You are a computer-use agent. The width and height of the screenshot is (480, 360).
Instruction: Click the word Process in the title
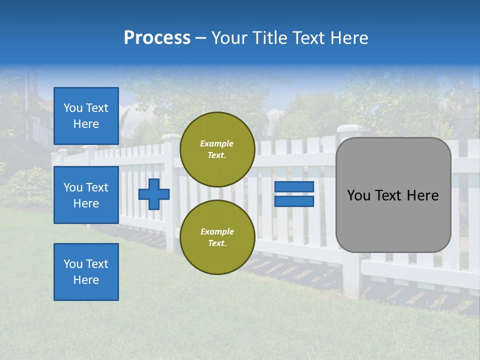(157, 38)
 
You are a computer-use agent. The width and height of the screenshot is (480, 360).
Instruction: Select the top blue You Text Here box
(86, 116)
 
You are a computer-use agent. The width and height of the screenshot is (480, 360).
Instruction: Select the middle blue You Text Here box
(86, 195)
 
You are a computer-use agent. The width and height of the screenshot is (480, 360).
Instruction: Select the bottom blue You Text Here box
(86, 272)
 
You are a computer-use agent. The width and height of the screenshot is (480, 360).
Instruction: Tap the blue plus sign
(154, 194)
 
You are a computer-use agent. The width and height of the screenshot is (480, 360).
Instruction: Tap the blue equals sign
(294, 194)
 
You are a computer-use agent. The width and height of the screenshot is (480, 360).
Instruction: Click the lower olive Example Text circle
(217, 237)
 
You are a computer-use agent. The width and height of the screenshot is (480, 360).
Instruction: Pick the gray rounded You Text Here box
(393, 195)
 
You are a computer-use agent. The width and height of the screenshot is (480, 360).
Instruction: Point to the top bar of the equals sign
(294, 186)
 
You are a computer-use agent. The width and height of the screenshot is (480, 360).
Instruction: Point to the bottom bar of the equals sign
(294, 201)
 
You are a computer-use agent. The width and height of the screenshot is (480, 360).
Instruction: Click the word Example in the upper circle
(217, 143)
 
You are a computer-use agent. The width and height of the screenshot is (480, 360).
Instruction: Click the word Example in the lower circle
(217, 231)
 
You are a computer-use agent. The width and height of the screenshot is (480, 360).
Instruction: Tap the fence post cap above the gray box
(348, 128)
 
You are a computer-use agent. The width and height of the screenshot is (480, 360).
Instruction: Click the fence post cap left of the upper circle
(170, 137)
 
